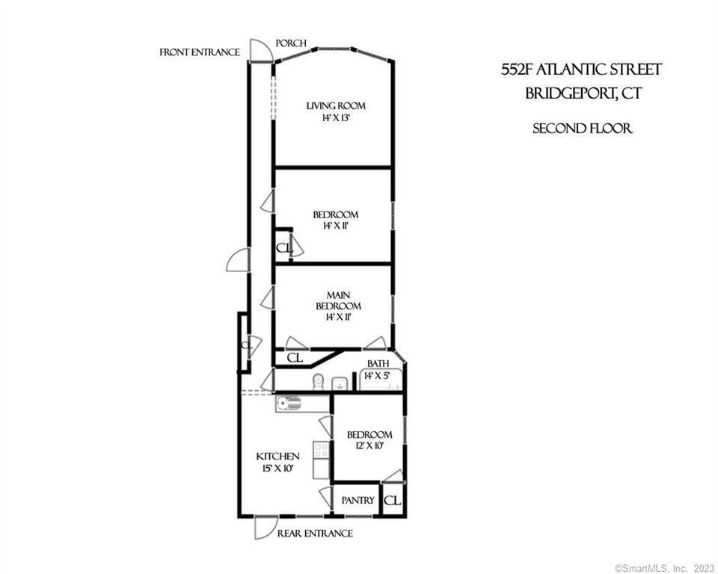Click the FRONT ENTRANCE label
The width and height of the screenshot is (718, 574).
[x=199, y=52]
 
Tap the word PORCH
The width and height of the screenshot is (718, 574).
[x=291, y=43]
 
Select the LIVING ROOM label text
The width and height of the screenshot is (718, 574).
[x=336, y=106]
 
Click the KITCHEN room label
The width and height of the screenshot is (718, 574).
[x=277, y=456]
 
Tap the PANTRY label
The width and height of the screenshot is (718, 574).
[x=358, y=500]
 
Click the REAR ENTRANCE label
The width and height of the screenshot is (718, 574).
[x=314, y=534]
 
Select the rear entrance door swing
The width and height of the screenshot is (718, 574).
[x=264, y=527]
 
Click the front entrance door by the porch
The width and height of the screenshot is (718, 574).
[x=259, y=49]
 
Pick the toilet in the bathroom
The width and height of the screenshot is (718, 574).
[x=317, y=382]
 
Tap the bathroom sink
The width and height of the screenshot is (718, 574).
[x=340, y=383]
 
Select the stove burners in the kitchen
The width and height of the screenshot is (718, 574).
[x=320, y=450]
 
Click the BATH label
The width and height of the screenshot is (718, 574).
[x=377, y=364]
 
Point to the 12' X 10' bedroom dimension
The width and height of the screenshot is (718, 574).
[x=369, y=446]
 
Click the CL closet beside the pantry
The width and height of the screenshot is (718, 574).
[x=393, y=501]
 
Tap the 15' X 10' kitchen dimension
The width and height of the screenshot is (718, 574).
[x=277, y=469]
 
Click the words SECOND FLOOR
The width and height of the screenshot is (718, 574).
[x=582, y=129]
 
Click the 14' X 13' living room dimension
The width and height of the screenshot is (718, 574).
[x=336, y=118]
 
